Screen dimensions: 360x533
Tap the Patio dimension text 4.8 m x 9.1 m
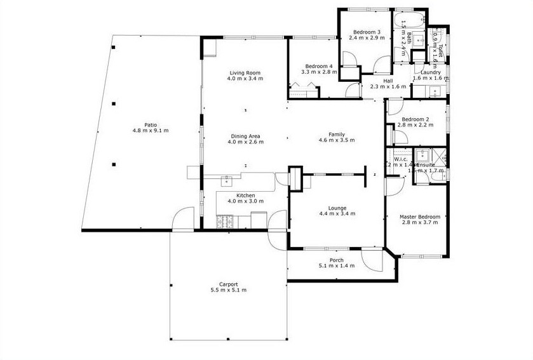pyautogui.click(x=151, y=131)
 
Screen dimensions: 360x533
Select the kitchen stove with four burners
pyautogui.click(x=225, y=222)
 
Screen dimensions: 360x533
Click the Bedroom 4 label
pyautogui.click(x=318, y=66)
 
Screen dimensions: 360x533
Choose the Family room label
pyautogui.click(x=337, y=134)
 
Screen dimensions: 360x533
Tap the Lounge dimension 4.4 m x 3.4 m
pyautogui.click(x=337, y=214)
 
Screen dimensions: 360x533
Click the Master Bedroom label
pyautogui.click(x=419, y=217)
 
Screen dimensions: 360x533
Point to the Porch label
pyautogui.click(x=337, y=260)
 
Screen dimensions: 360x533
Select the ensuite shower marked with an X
pyautogui.click(x=421, y=156)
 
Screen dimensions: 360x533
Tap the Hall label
pyautogui.click(x=388, y=81)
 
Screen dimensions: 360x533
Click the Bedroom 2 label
pyautogui.click(x=415, y=119)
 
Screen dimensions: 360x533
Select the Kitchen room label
pyautogui.click(x=245, y=195)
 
